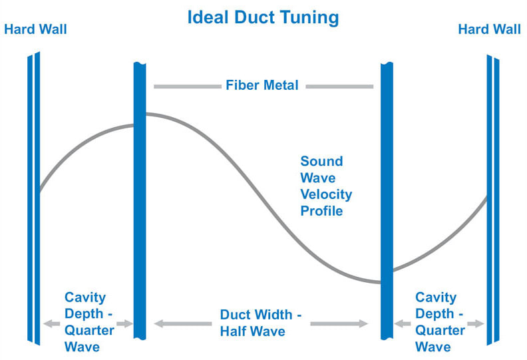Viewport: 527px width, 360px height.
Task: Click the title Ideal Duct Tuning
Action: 263,17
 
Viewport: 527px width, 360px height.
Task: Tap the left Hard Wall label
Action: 35,29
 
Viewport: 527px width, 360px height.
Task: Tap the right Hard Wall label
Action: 489,29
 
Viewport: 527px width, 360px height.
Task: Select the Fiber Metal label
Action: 262,85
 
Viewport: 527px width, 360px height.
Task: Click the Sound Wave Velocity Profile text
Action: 325,186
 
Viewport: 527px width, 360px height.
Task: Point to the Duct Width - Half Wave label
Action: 261,322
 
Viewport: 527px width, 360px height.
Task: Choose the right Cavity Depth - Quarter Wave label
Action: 439,322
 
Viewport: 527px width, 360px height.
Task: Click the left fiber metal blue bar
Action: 140,200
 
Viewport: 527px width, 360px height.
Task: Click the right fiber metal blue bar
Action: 387,200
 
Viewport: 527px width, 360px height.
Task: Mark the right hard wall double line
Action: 492,200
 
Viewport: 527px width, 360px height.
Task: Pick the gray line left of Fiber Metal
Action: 186,86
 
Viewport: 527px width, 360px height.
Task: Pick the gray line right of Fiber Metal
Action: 339,86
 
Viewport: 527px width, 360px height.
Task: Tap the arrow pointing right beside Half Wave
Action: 339,324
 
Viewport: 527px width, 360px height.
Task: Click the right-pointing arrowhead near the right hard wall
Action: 478,324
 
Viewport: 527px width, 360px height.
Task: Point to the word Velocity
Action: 325,195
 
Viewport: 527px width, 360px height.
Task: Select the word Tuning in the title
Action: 307,17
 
